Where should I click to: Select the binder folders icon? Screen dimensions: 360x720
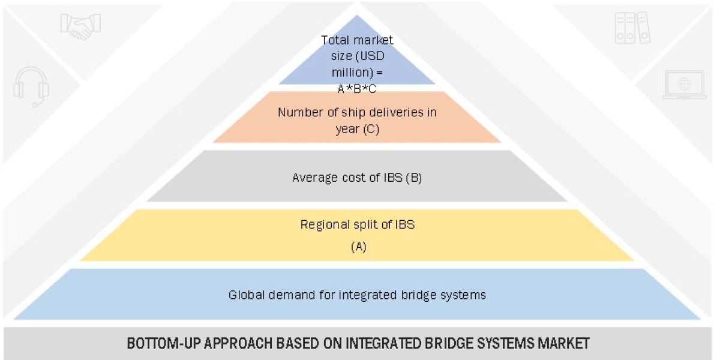[632, 28]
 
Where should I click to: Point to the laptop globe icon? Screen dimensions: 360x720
[684, 85]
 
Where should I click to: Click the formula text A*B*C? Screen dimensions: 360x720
[357, 88]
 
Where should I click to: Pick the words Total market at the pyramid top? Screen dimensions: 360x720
[357, 40]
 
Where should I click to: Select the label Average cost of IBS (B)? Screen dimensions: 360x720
[357, 178]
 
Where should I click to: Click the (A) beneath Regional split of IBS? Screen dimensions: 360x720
[358, 247]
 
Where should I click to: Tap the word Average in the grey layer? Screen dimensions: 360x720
[313, 178]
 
